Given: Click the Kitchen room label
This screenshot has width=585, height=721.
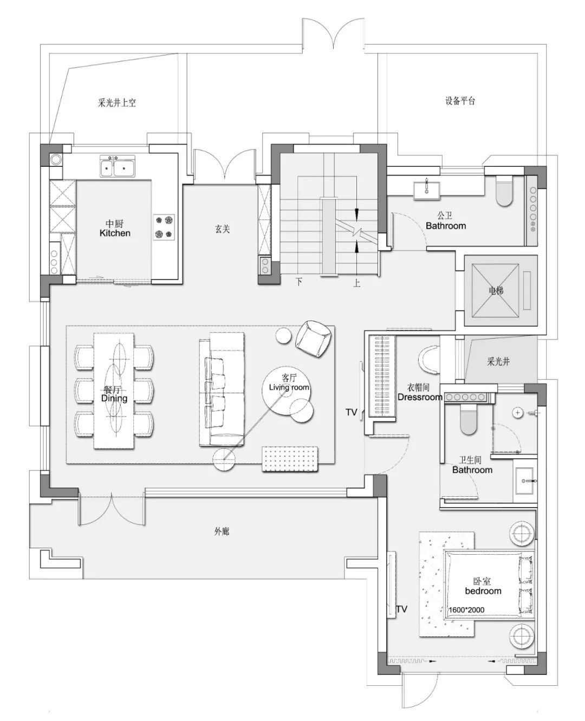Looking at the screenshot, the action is [115, 233].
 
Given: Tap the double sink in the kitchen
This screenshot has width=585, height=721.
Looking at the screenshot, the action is [117, 166].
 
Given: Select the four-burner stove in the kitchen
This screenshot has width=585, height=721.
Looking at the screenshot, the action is [164, 227].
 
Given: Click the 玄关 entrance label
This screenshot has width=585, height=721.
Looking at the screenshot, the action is [222, 229].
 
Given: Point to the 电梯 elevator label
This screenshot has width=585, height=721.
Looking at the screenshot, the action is [496, 290].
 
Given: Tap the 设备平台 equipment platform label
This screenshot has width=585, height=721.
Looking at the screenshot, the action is [460, 101].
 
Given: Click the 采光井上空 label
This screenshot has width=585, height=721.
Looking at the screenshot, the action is [117, 102].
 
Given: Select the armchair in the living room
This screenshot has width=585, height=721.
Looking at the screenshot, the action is [313, 339].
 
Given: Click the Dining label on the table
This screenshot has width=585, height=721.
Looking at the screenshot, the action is [114, 398].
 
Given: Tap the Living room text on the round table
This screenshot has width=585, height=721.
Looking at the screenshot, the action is [289, 387].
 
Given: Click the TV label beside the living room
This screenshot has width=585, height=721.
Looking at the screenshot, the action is [351, 412].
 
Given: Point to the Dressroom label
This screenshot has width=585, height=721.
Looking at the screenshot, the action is [420, 397].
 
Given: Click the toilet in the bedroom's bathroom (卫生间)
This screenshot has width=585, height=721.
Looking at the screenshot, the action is [469, 420].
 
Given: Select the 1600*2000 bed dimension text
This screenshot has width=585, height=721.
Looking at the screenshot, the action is [466, 610].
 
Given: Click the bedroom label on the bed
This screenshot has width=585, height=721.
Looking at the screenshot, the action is [483, 591].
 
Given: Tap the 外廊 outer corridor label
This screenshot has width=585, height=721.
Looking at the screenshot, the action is [222, 532].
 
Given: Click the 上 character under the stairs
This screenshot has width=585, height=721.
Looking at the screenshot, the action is [356, 282].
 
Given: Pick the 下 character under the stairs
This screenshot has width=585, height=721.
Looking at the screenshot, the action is [299, 282].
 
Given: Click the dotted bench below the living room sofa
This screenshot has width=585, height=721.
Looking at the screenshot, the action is [290, 459].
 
